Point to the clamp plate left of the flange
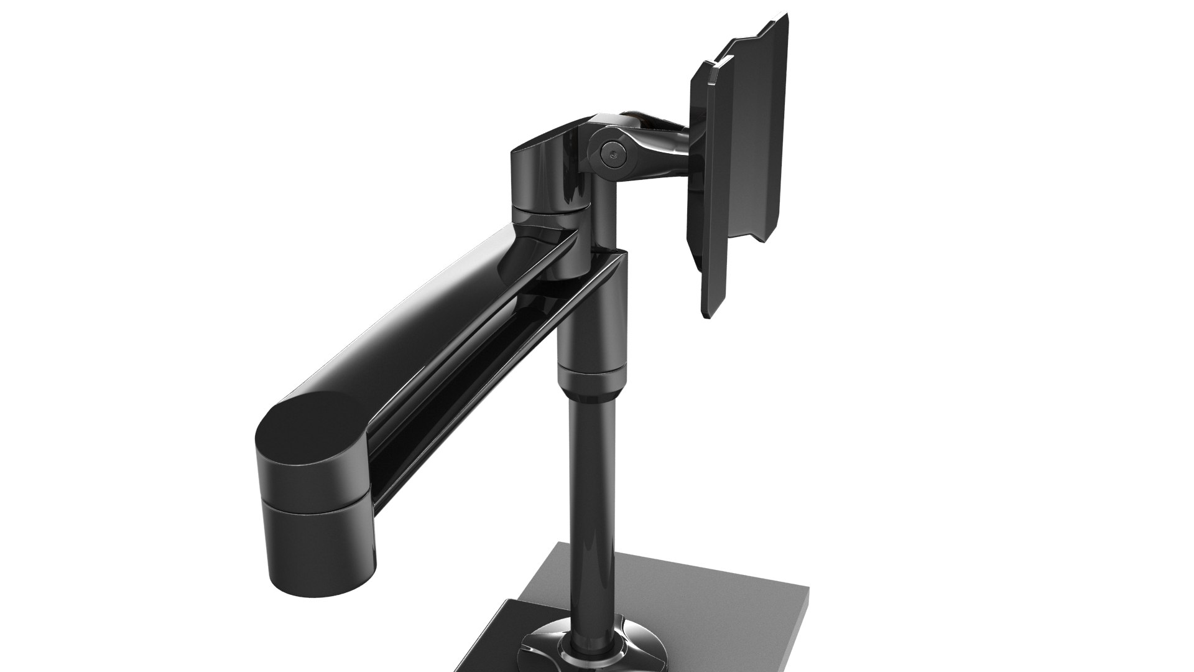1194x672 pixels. coord(497,647)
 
